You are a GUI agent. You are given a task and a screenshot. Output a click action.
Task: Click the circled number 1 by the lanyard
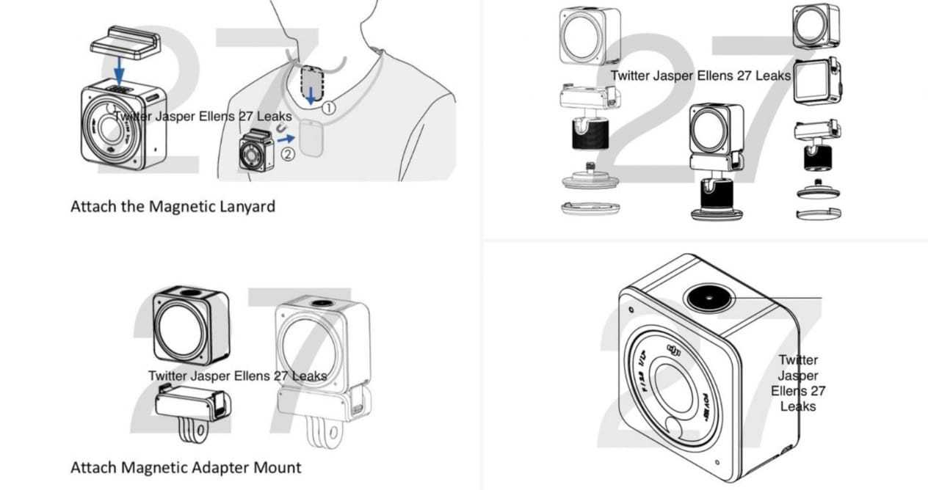point(328,107)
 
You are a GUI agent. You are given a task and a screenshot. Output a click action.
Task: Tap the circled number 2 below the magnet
point(288,154)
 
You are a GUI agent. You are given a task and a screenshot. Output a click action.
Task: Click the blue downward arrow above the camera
point(120,71)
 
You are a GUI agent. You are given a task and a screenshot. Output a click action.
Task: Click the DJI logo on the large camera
point(675,352)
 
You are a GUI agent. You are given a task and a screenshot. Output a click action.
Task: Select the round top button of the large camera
point(708,297)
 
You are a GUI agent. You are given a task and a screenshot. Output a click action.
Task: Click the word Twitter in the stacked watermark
point(797,360)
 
